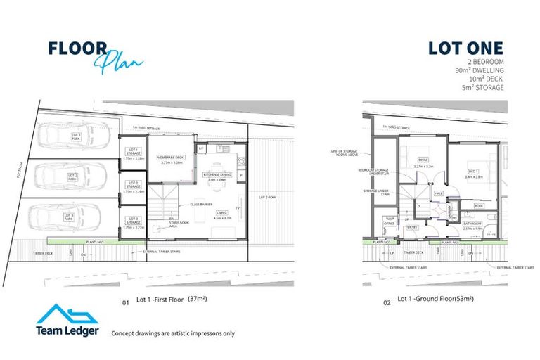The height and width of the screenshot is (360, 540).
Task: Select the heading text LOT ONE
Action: [465, 49]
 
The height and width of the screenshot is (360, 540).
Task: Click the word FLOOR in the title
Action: [77, 49]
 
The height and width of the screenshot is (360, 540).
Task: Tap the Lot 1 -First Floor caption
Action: [160, 300]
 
